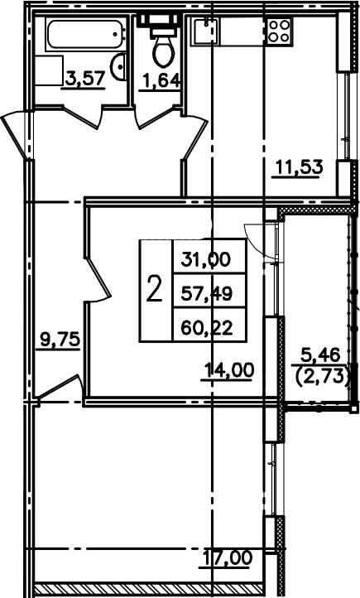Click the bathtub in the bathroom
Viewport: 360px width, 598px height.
(x=86, y=34)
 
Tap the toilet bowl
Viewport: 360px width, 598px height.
(x=164, y=51)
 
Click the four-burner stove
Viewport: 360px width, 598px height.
(x=279, y=31)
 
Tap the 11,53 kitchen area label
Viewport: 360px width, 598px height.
(x=299, y=167)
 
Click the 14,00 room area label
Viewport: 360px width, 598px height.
(x=229, y=369)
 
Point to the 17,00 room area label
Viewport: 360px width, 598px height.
(x=228, y=558)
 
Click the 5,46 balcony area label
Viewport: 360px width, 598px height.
(x=320, y=355)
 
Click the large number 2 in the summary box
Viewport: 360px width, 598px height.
(x=154, y=289)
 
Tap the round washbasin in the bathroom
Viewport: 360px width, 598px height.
(x=119, y=67)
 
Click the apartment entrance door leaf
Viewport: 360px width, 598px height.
(x=15, y=133)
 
